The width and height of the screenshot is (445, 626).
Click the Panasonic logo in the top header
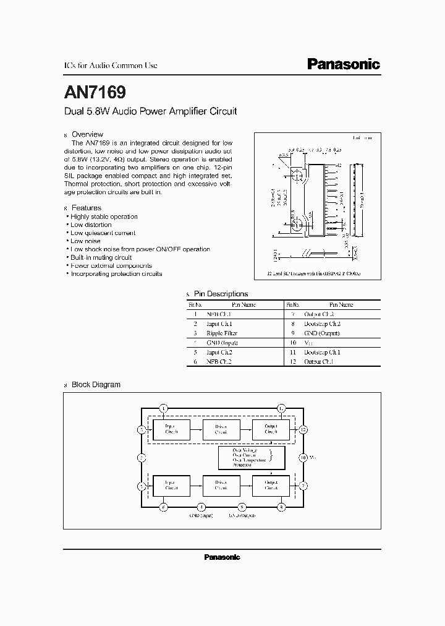coord(344,64)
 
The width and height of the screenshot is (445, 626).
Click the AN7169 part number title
coord(95,93)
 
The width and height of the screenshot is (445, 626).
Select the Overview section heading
coord(87,134)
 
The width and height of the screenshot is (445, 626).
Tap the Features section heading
coord(86,208)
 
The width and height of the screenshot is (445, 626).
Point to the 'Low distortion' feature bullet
coord(91,225)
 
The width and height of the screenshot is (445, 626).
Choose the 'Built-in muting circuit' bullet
coord(101,257)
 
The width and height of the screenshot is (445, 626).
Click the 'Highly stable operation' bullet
coord(104,217)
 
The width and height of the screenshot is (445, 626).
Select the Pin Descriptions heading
coord(221,294)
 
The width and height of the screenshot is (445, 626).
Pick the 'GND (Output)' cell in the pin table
coord(322,333)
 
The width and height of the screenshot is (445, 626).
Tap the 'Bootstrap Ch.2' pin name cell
coord(322,324)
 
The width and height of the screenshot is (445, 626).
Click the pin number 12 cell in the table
coord(293,361)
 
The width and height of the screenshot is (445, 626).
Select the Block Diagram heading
coord(96,384)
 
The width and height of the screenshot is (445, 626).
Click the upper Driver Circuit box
coord(221,429)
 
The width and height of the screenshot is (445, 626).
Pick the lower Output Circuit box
coord(271,485)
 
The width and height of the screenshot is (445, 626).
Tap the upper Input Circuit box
coord(171,429)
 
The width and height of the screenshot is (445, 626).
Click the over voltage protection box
coord(252,458)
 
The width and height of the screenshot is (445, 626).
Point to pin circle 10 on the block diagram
coord(303,458)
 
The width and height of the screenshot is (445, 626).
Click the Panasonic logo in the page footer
coord(222,557)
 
